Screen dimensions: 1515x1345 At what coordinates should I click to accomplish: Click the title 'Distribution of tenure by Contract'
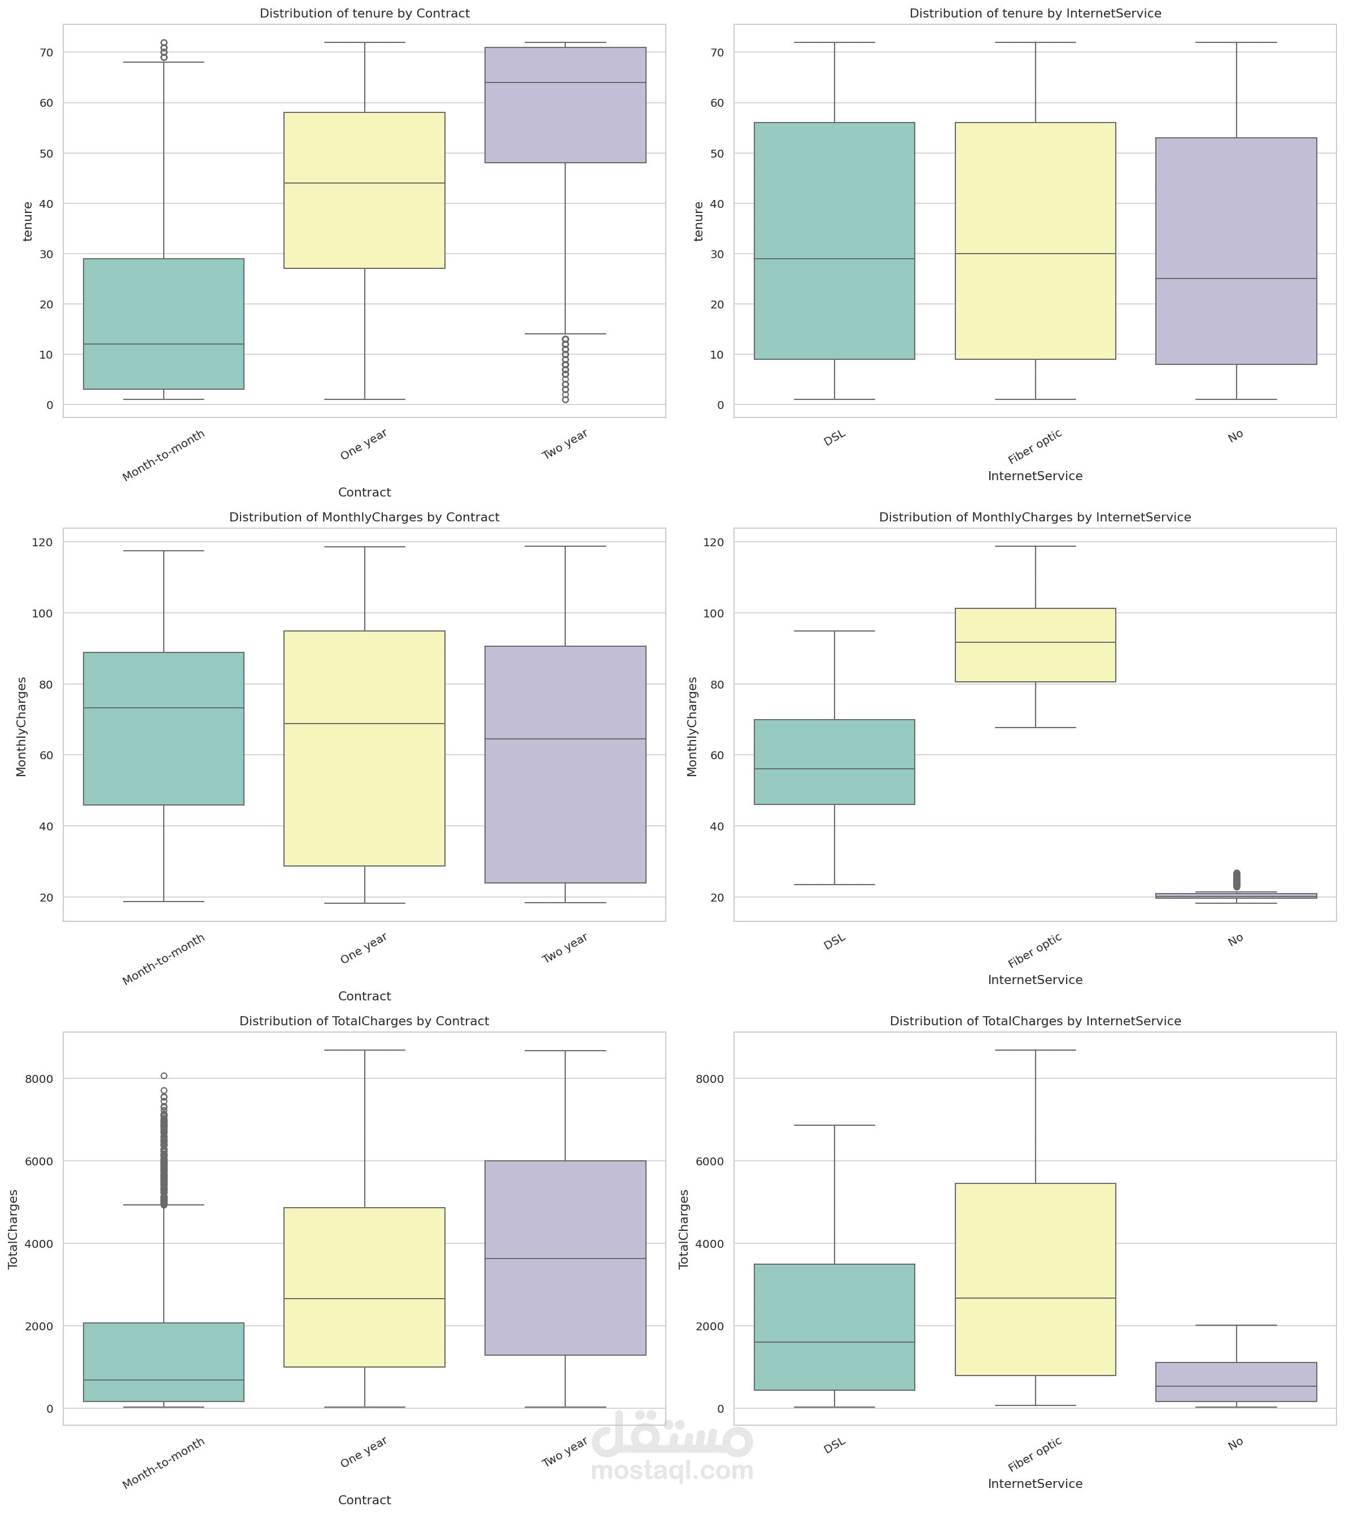[364, 14]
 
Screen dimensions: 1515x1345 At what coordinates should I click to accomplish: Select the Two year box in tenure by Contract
[565, 105]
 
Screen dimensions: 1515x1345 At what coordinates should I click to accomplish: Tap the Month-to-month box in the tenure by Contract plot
[163, 323]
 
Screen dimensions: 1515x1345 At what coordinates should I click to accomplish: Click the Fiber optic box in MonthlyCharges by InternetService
[1034, 645]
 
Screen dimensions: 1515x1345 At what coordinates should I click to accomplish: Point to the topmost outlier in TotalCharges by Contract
[164, 1076]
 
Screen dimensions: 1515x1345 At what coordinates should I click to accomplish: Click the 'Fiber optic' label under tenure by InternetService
[1034, 446]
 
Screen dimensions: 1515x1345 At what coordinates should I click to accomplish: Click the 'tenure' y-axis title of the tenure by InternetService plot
[698, 221]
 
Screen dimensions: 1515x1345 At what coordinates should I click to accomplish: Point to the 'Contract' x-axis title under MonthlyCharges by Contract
[364, 996]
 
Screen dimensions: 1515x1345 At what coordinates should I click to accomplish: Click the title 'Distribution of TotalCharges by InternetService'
[1034, 1021]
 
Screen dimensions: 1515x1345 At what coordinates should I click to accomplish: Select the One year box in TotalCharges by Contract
[364, 1287]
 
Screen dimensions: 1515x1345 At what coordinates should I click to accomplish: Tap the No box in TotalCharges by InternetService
[1235, 1381]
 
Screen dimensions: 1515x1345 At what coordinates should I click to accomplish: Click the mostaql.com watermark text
[672, 1469]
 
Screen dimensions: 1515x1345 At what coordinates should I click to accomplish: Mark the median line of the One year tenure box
[364, 183]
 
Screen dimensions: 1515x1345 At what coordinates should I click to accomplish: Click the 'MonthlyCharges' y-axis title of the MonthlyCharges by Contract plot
[21, 726]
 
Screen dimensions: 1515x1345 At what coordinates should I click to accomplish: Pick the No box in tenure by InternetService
[1235, 251]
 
